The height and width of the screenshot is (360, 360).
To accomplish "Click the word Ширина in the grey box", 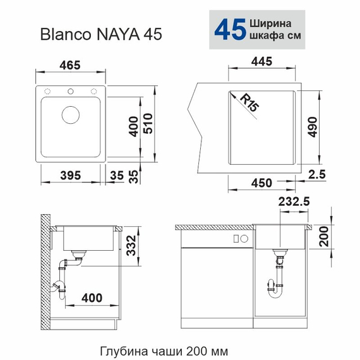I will coord(271,21).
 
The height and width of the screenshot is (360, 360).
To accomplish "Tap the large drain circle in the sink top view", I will coord(71,115).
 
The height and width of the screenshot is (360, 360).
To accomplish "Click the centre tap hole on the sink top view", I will coord(71,89).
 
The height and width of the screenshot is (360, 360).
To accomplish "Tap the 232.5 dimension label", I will coord(292,203).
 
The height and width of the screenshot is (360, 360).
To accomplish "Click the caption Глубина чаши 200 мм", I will coord(164,350).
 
